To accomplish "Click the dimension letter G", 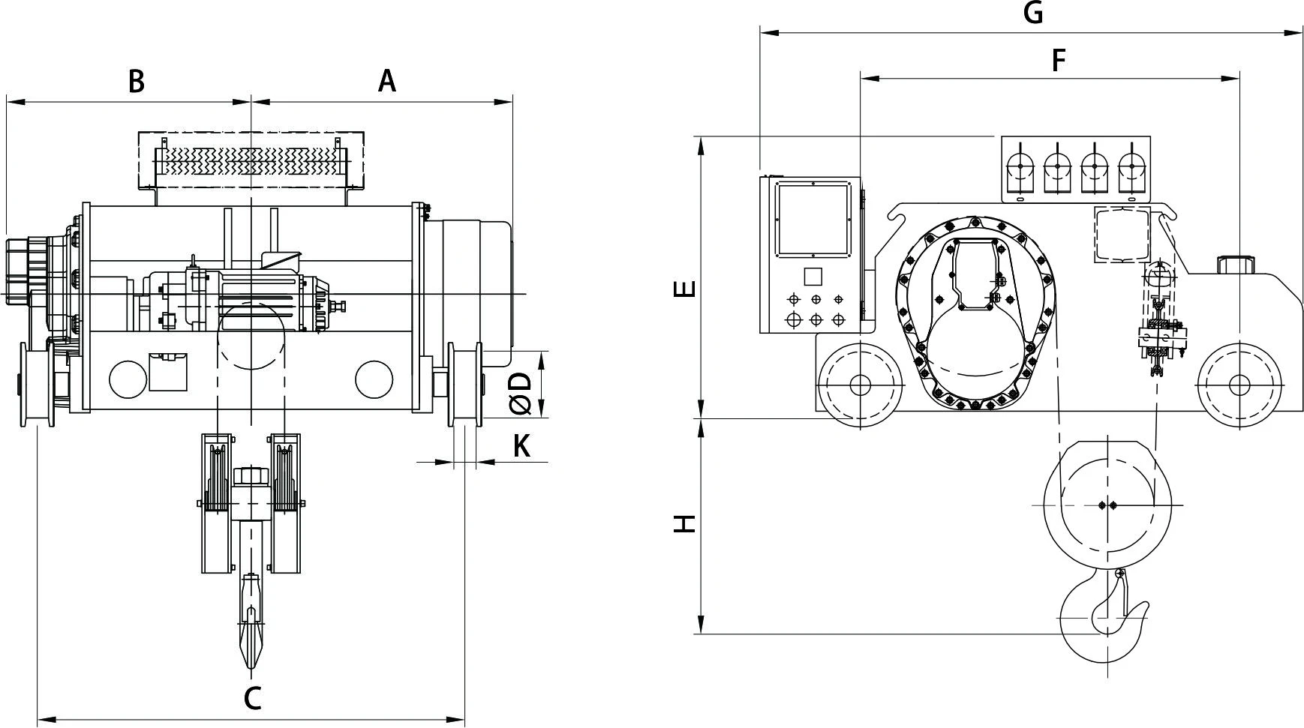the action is point(1033,13).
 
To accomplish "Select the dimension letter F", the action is point(1059,60).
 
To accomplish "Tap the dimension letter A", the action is point(386,80).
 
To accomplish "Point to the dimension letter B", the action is point(136,81).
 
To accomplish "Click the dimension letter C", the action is point(253,698).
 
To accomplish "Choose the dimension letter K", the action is point(521,446).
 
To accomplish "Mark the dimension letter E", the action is point(685,289).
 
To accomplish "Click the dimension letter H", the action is point(684,523).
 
